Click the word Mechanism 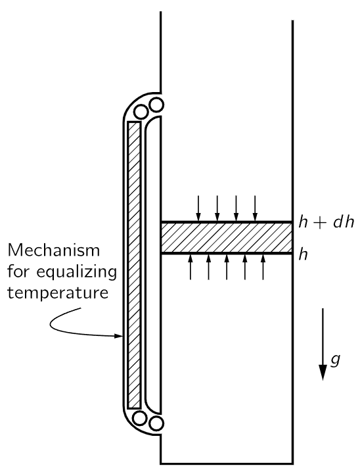53,250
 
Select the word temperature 58,293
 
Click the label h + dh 326,222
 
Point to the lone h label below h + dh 303,254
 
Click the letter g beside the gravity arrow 335,360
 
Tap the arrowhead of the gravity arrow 323,372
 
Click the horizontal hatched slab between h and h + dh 227,238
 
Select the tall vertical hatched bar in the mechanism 134,265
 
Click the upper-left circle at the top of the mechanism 141,112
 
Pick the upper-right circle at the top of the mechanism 156,105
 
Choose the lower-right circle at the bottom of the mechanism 156,423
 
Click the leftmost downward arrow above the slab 198,208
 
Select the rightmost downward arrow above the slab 255,208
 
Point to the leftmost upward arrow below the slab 191,267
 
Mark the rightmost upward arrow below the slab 263,267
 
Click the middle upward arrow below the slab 227,267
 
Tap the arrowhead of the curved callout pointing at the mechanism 119,336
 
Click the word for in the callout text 18,272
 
